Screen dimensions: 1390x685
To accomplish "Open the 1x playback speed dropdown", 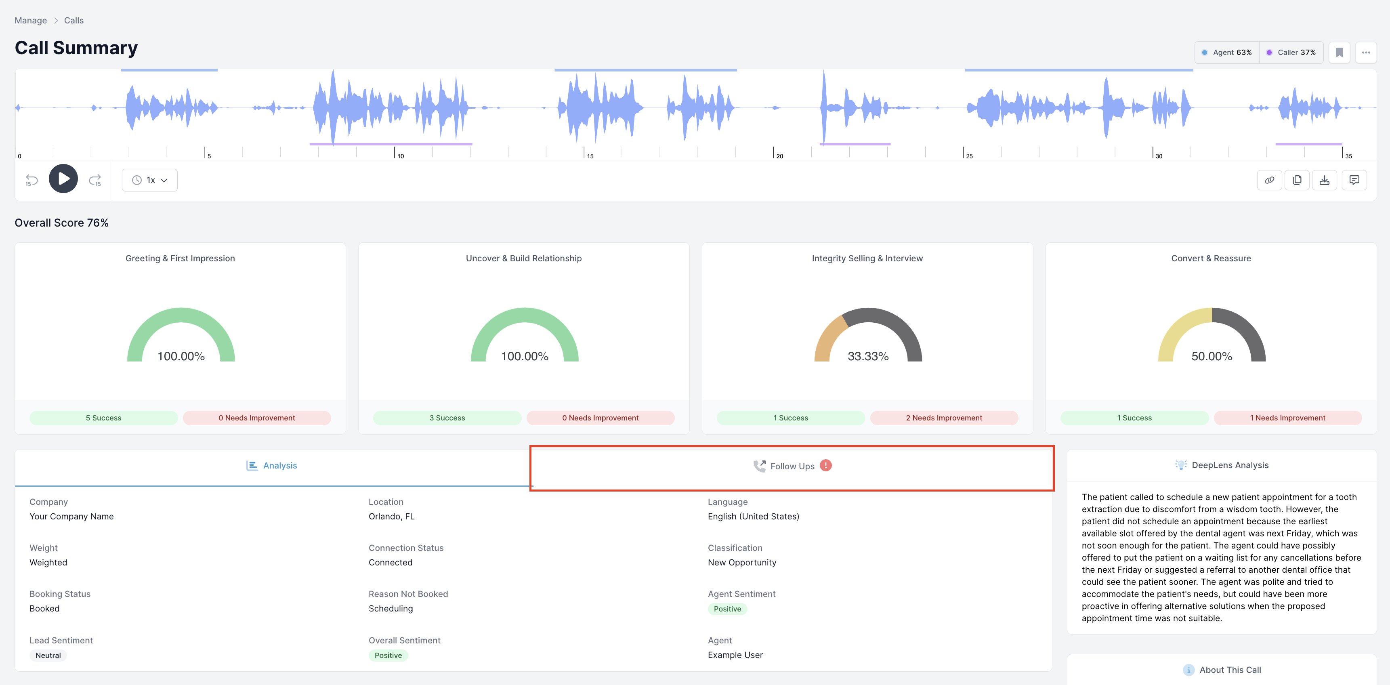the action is point(149,180).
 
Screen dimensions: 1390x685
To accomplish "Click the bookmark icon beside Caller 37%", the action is point(1339,53).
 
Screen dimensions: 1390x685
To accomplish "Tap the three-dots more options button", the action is point(1366,53).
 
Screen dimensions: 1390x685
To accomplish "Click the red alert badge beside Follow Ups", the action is point(825,465).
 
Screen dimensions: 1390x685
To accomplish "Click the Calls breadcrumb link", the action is point(74,21).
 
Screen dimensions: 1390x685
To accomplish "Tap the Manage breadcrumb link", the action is point(31,21).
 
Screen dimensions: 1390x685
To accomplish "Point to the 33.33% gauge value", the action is point(868,356).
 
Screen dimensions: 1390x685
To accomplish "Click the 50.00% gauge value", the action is point(1212,356).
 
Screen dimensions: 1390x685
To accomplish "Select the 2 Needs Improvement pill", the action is point(944,418).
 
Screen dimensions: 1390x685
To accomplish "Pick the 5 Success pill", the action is point(104,418).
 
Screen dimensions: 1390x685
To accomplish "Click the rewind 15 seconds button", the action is point(32,180).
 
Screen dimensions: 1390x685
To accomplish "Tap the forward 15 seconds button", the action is point(95,180).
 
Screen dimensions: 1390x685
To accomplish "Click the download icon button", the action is point(1324,180).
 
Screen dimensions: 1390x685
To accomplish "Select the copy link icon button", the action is point(1269,180).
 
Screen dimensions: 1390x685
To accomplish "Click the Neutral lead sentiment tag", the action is point(48,655).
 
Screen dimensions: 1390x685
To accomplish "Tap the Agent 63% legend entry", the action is point(1226,53).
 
